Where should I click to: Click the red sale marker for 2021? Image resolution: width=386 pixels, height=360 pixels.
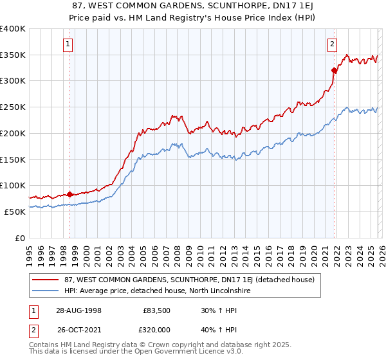[334, 71]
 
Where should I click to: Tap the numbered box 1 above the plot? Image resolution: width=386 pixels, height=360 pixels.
[68, 44]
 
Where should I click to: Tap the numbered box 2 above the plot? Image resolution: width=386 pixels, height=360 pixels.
[332, 44]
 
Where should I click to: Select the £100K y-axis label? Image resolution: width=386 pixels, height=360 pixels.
[13, 185]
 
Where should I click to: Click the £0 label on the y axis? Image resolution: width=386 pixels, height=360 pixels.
[19, 238]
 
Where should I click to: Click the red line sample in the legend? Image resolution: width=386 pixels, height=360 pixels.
[46, 280]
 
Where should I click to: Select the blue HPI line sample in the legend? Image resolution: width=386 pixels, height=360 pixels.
[46, 291]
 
